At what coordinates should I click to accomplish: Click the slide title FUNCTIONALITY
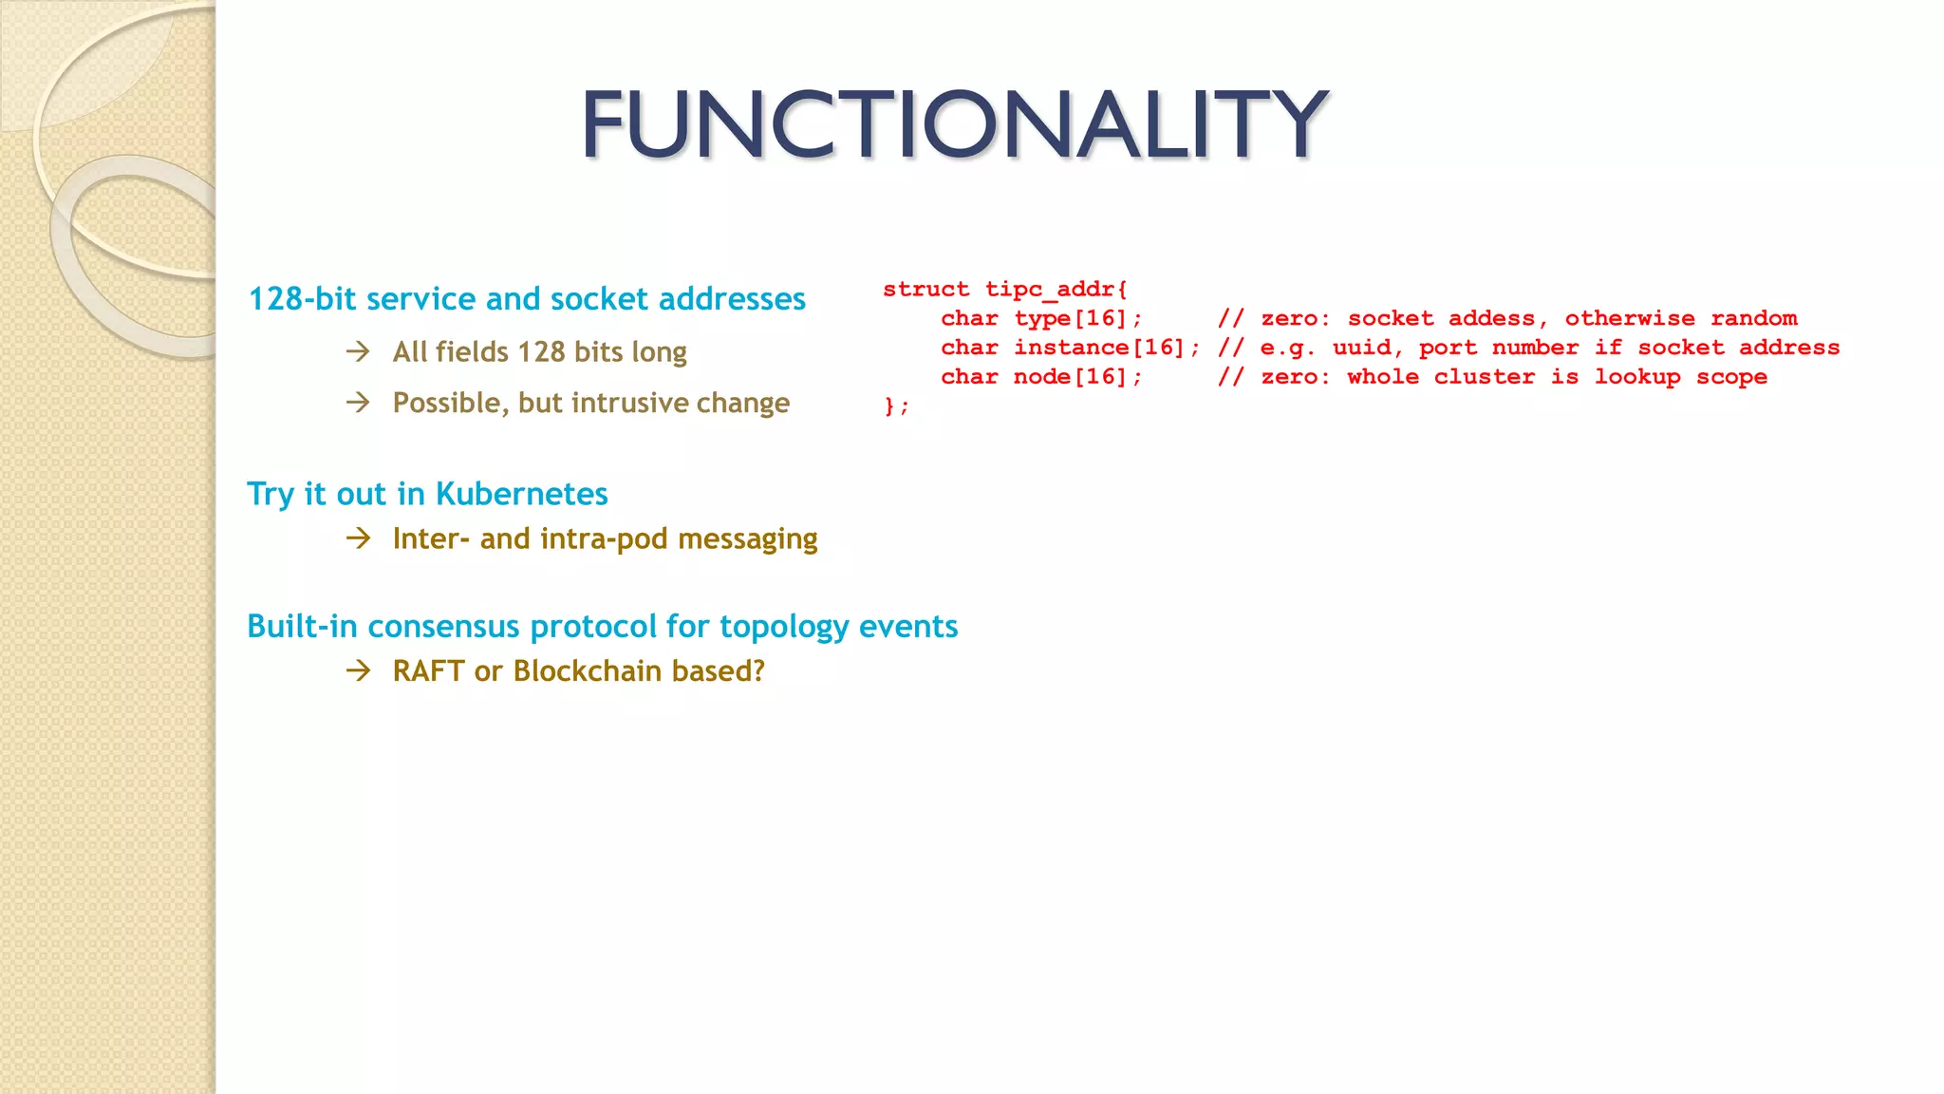(x=954, y=123)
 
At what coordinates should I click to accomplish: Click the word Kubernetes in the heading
(x=521, y=494)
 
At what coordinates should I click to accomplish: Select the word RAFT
(x=428, y=671)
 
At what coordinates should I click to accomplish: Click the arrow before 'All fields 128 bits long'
(x=358, y=352)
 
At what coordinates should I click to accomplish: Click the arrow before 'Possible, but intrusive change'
(x=358, y=403)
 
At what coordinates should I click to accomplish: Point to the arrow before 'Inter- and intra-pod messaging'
(x=358, y=539)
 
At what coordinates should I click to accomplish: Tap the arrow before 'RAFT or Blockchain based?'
(x=358, y=671)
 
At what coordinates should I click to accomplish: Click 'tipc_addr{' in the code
(x=1056, y=290)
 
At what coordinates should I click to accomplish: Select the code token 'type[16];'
(x=1077, y=319)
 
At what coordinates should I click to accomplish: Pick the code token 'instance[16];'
(x=1106, y=348)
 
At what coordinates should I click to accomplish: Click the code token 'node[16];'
(x=1077, y=377)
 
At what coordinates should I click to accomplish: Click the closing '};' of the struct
(x=896, y=406)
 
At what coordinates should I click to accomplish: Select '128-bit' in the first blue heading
(x=302, y=299)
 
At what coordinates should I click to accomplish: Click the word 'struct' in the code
(x=925, y=290)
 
